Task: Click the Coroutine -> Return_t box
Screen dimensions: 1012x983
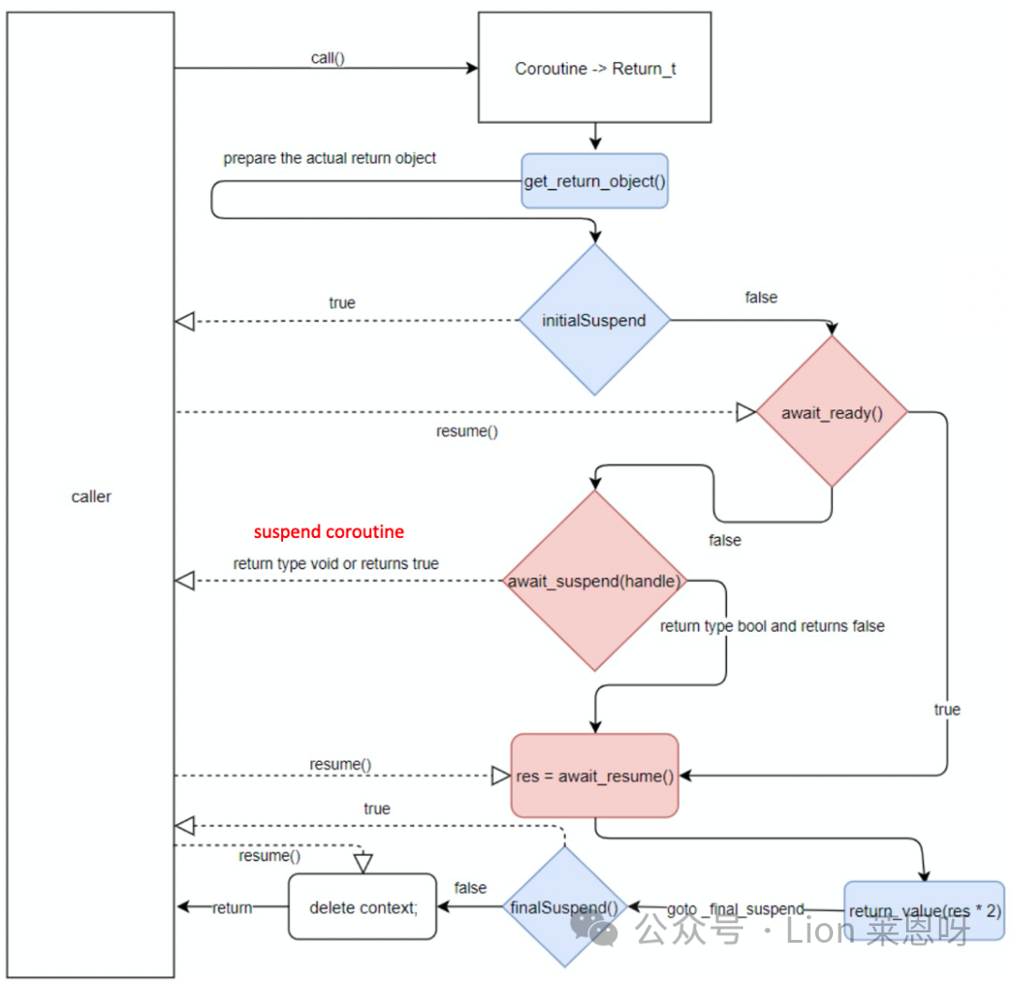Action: [x=594, y=67]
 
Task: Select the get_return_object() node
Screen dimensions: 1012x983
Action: [x=594, y=181]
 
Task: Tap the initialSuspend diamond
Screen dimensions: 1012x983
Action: [x=594, y=320]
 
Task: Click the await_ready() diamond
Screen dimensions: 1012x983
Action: [x=832, y=411]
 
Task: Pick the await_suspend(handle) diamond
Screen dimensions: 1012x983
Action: [x=594, y=581]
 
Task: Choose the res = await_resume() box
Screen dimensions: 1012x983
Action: [x=594, y=775]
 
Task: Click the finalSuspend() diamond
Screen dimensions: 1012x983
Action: [x=565, y=907]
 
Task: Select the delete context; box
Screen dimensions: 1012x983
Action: [x=363, y=907]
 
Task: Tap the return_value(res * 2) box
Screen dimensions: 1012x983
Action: [x=924, y=911]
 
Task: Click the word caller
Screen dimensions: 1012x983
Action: [x=91, y=497]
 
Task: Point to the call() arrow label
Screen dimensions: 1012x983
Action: [x=328, y=58]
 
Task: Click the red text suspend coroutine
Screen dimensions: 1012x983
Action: [x=329, y=532]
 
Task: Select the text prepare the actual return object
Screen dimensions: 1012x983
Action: [x=330, y=158]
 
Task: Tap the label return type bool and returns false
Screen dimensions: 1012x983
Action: [x=772, y=626]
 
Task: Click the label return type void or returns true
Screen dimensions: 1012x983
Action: [x=335, y=563]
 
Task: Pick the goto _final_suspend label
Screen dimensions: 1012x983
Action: [x=736, y=909]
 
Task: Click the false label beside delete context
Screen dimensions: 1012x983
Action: [x=469, y=888]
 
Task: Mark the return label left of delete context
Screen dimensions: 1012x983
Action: [x=232, y=908]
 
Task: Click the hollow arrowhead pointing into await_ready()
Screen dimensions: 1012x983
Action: [x=746, y=411]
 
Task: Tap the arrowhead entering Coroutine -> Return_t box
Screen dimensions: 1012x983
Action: [x=472, y=67]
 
